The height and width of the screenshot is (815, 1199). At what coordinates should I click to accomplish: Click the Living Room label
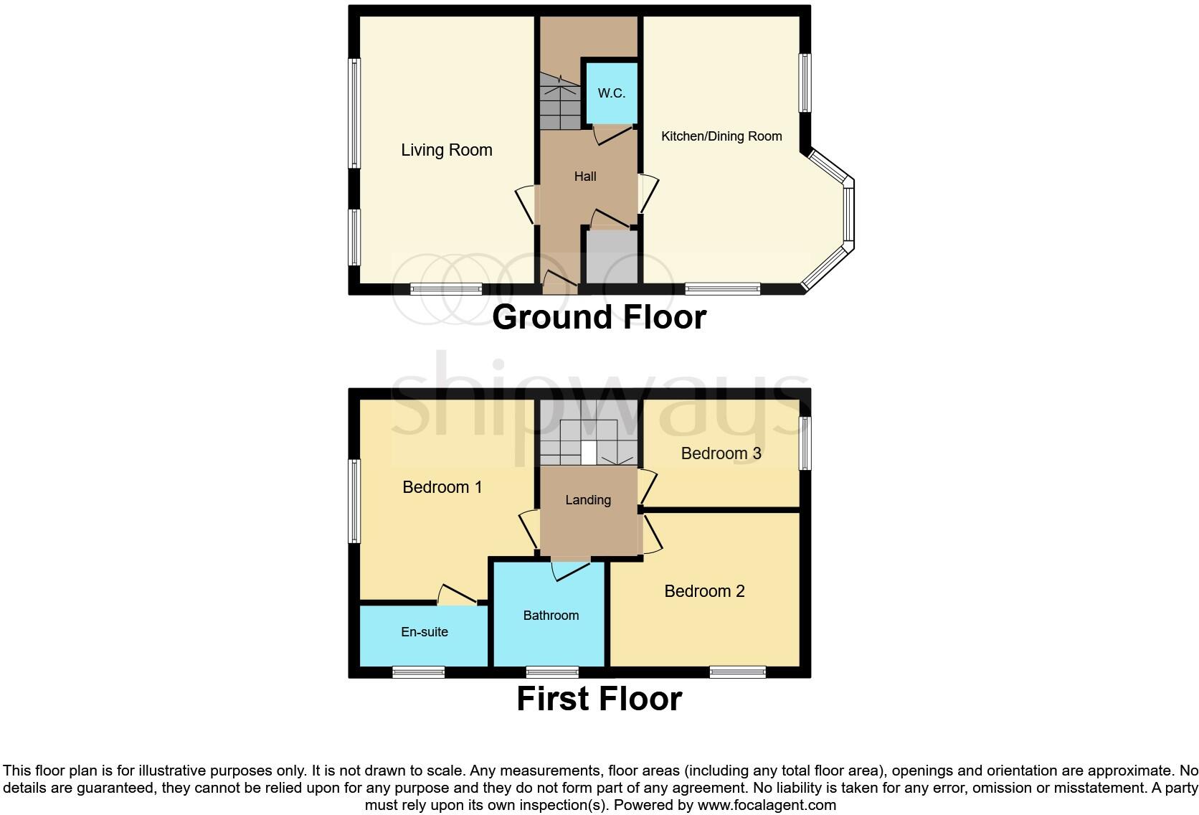(x=446, y=150)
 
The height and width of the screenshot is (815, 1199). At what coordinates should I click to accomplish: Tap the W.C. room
(x=611, y=93)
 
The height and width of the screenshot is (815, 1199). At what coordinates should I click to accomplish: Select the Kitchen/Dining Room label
(x=721, y=136)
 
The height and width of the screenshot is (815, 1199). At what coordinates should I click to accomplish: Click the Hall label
(x=584, y=176)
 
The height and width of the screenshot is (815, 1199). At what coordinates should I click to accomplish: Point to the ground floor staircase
(x=559, y=104)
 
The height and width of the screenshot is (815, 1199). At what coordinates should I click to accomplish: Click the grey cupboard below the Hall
(x=612, y=258)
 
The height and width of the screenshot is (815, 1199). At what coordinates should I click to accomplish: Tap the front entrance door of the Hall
(x=560, y=282)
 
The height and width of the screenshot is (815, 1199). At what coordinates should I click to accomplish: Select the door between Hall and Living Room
(x=526, y=204)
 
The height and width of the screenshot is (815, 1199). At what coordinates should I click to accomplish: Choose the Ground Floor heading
(x=599, y=317)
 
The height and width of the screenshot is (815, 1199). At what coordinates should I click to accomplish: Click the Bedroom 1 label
(x=442, y=487)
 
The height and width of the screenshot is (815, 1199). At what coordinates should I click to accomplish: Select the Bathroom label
(x=550, y=616)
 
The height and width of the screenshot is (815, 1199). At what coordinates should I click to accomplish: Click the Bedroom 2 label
(x=704, y=591)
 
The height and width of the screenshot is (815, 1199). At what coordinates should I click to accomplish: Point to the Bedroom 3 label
(x=721, y=453)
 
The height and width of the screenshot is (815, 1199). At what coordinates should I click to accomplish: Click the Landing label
(x=587, y=500)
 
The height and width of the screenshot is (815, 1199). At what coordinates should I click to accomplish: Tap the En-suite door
(x=456, y=595)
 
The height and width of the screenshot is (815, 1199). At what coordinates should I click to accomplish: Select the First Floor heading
(x=599, y=699)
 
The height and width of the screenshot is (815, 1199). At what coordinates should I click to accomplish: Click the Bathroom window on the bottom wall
(x=551, y=672)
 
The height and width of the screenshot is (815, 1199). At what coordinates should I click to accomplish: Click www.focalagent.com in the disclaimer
(x=767, y=805)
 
